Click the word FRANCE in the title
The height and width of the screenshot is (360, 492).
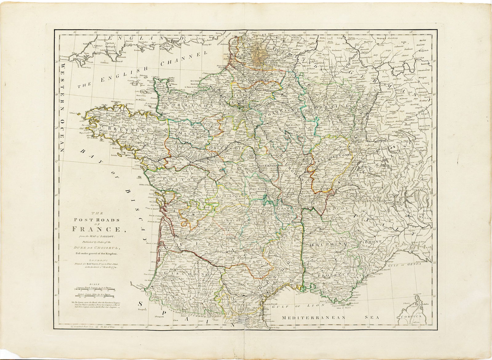92,229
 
